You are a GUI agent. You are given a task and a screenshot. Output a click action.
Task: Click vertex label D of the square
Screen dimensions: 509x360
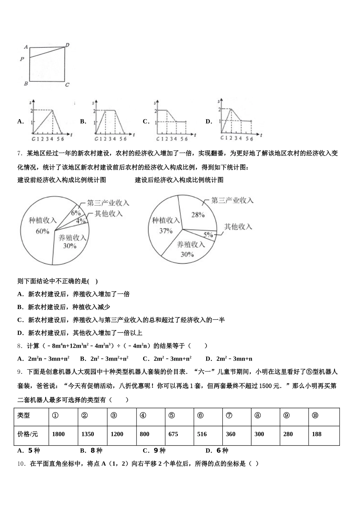point(67,45)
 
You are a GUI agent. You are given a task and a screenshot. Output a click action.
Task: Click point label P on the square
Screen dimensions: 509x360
point(22,59)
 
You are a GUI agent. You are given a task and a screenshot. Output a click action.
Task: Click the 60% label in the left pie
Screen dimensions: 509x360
point(42,231)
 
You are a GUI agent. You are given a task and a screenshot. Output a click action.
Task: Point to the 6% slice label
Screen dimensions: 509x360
point(76,213)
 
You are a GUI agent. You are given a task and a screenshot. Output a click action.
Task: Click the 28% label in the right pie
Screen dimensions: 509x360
point(198,215)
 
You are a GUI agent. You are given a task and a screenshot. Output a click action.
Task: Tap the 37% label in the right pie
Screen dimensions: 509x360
point(166,231)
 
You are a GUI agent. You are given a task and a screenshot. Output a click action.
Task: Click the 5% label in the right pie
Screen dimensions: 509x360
point(208,235)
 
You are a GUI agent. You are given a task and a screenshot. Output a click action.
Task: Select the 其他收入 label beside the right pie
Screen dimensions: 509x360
point(238,226)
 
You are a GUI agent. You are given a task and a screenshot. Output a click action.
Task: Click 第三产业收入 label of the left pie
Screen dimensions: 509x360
point(108,203)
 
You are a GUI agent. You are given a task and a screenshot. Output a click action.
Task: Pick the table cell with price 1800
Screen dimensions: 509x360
point(58,434)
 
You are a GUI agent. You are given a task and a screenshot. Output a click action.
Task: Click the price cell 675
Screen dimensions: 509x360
point(173,434)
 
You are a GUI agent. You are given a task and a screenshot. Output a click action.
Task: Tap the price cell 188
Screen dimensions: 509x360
point(316,434)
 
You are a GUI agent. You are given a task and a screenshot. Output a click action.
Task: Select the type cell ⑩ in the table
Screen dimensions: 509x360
point(315,415)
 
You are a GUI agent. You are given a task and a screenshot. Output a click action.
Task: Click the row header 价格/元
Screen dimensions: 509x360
point(28,434)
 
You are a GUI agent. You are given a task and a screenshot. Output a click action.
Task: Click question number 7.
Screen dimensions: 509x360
point(20,153)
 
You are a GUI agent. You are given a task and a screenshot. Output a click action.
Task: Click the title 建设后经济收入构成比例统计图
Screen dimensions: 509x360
point(179,180)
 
